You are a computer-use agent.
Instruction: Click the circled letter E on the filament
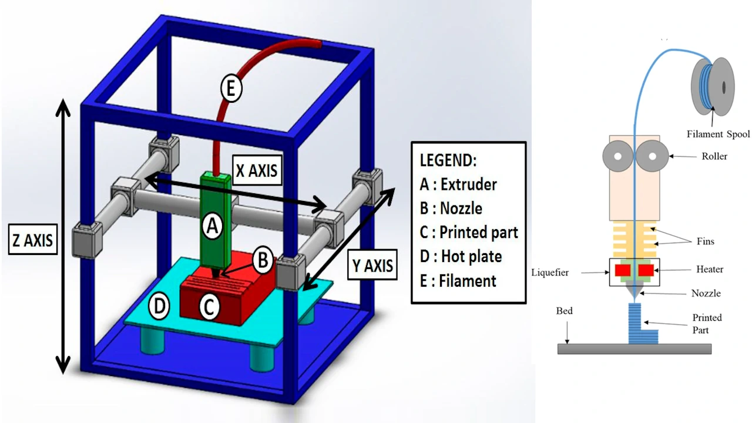pyautogui.click(x=231, y=89)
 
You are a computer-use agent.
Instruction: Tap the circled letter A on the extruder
pyautogui.click(x=213, y=225)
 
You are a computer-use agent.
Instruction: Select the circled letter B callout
pyautogui.click(x=263, y=259)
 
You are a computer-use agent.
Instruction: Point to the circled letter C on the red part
pyautogui.click(x=210, y=307)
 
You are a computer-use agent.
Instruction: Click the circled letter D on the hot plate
pyautogui.click(x=159, y=305)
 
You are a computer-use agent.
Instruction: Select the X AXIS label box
pyautogui.click(x=256, y=170)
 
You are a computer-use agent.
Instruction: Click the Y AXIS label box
pyautogui.click(x=372, y=265)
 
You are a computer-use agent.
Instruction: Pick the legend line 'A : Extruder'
pyautogui.click(x=458, y=184)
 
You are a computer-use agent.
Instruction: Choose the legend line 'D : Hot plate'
pyautogui.click(x=461, y=256)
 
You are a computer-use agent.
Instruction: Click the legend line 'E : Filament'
pyautogui.click(x=458, y=281)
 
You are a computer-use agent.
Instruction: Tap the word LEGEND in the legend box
pyautogui.click(x=448, y=160)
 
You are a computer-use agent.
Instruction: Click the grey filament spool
pyautogui.click(x=713, y=87)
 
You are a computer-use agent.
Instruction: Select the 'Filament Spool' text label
pyautogui.click(x=718, y=135)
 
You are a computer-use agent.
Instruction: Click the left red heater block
pyautogui.click(x=623, y=270)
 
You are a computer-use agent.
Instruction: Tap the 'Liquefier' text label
pyautogui.click(x=550, y=273)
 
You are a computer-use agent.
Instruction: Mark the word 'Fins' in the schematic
pyautogui.click(x=705, y=241)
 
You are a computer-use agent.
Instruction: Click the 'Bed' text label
pyautogui.click(x=564, y=311)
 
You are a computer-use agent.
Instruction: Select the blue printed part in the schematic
pyautogui.click(x=640, y=324)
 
